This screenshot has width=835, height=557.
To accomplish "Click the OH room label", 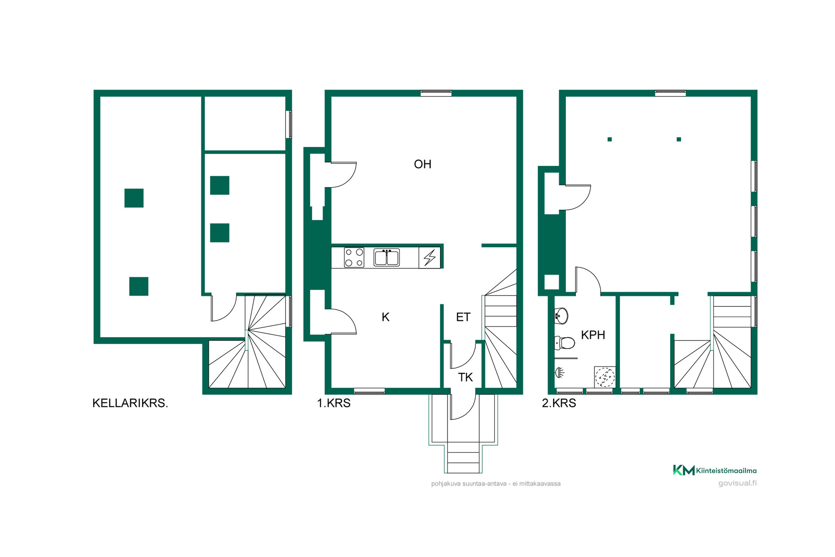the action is [422, 164].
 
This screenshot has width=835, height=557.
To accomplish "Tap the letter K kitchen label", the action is [385, 317].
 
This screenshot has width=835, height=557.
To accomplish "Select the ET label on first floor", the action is [463, 317].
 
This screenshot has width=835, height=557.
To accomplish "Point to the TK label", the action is [465, 377].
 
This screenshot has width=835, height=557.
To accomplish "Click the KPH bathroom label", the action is [593, 335].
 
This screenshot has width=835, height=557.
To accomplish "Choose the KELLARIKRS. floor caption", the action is [130, 403].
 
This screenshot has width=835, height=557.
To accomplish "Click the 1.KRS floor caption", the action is [334, 403].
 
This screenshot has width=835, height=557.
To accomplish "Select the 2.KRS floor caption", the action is [559, 403].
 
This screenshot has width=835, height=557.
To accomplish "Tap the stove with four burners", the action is [354, 257].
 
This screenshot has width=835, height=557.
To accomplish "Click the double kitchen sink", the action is [387, 257].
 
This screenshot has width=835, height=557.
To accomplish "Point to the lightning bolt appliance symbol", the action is [430, 257].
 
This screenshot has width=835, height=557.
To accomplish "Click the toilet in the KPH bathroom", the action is [564, 343].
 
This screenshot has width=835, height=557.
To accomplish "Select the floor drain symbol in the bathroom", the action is [605, 377].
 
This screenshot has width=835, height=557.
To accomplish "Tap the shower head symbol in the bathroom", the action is [560, 372].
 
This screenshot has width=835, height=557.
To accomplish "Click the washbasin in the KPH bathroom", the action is [561, 316].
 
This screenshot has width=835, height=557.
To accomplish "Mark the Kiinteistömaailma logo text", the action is [726, 470].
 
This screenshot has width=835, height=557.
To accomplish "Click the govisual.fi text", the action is [737, 483].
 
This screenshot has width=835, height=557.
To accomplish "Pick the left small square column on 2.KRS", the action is [610, 139].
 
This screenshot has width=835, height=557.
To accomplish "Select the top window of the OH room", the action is [436, 93].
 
